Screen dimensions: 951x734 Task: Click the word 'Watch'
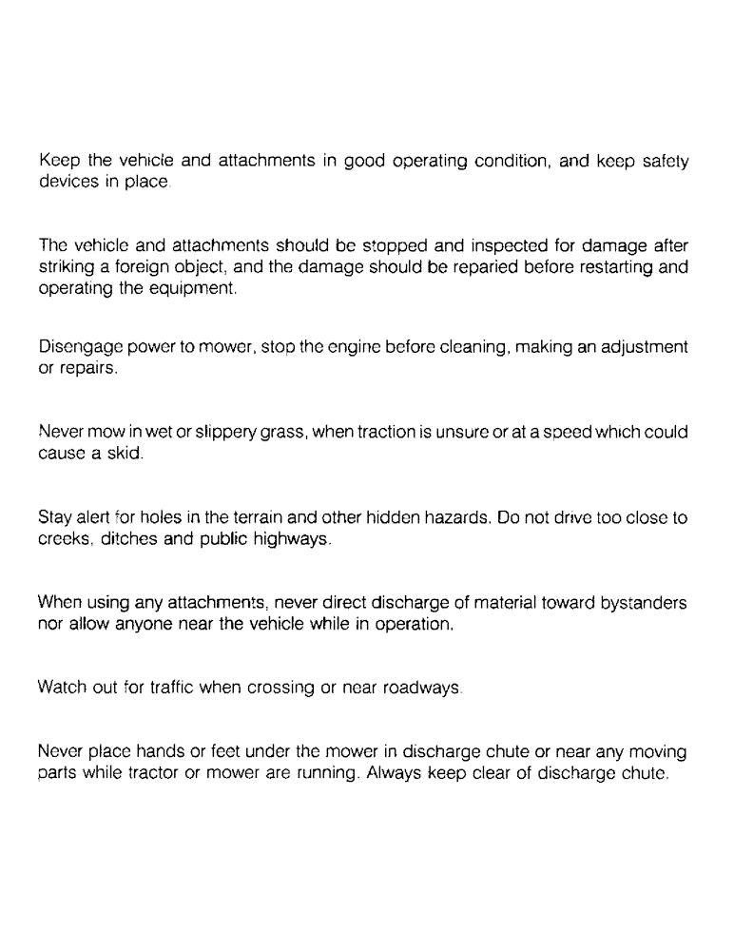(62, 687)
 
